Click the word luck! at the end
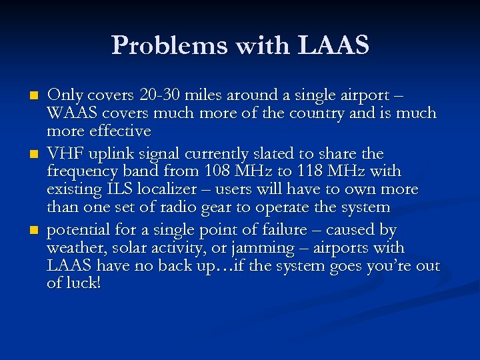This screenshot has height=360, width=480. tap(83, 284)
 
